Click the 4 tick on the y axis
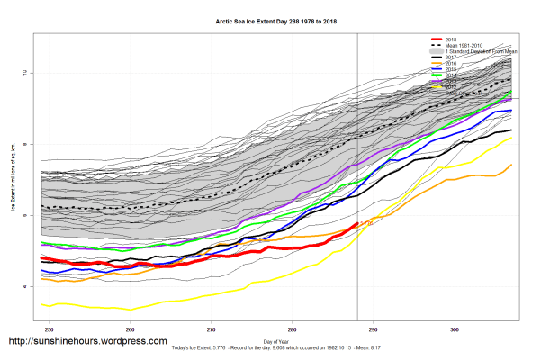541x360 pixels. [x=33, y=287]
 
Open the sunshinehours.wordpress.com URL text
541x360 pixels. [x=87, y=342]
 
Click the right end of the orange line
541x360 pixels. [x=511, y=165]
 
